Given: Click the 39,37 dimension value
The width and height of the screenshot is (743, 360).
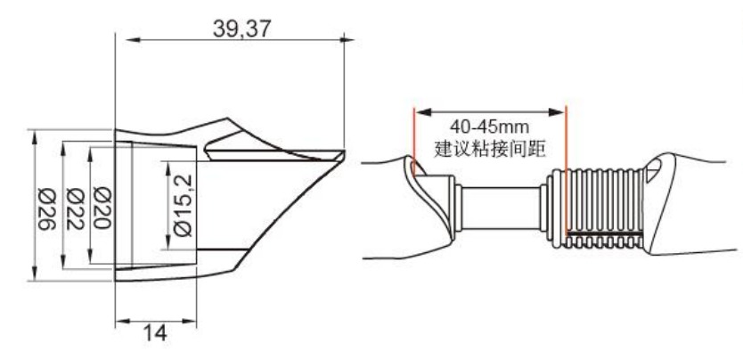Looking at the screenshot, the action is pos(241,29).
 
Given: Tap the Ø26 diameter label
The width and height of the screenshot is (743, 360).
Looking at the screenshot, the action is pos(47,209).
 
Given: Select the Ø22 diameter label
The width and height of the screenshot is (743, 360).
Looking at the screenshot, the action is pos(76,209).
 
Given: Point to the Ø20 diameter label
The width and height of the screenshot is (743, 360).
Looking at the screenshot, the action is pos(102,208).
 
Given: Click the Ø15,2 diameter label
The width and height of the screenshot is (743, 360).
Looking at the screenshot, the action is pos(184,205).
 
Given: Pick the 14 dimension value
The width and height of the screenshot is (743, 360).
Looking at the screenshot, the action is pos(155,333).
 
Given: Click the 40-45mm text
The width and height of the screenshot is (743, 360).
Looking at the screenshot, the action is pos(489,127).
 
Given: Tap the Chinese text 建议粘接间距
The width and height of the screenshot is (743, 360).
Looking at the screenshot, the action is pos(490,149).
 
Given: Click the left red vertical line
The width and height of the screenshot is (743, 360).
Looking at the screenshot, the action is pos(413,141).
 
